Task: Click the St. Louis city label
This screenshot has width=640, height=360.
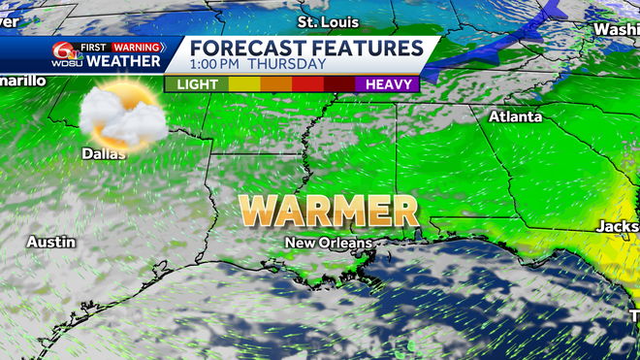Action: pos(328,21)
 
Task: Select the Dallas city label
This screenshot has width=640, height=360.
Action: pos(104,153)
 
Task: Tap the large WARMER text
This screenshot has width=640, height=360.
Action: pos(329,210)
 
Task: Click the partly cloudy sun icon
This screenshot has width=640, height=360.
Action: pos(118,117)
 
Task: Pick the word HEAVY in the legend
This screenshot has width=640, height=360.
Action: pos(389,84)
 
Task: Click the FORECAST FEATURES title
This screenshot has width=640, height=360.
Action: pos(305,48)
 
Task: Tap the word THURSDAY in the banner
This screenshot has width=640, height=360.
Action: pos(288,65)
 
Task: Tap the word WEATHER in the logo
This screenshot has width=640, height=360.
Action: pos(123,61)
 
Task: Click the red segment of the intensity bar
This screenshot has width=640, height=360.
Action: pos(307,84)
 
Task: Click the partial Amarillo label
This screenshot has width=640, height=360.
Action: pos(21,81)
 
